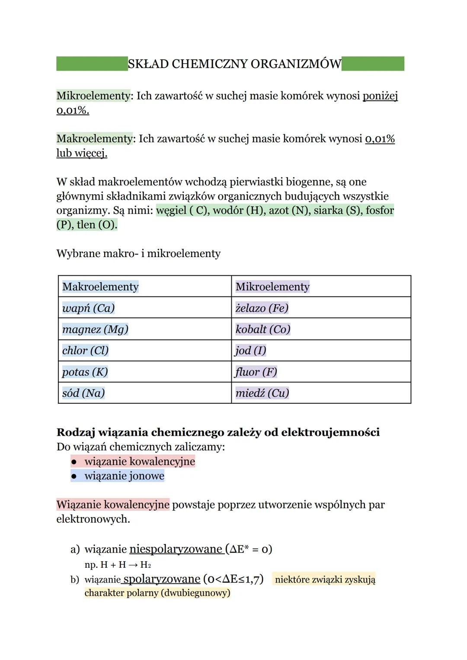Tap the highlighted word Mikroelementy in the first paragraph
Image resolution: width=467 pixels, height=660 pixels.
(93, 96)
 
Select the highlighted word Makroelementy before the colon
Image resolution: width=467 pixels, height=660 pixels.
(95, 139)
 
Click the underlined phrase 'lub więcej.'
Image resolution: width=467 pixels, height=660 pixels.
(82, 153)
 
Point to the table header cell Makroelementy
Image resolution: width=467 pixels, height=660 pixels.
(100, 287)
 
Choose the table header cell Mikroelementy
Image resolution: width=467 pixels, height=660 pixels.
(272, 287)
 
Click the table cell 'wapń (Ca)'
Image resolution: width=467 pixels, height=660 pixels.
(88, 308)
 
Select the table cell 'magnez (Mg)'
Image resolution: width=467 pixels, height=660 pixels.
(95, 329)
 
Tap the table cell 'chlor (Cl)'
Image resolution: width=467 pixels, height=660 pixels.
(85, 351)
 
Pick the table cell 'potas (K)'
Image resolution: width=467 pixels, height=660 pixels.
(85, 372)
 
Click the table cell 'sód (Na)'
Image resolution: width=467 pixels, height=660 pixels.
(83, 393)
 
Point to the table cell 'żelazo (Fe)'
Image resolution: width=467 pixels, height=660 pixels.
(262, 308)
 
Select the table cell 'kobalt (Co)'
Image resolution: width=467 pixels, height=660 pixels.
(263, 329)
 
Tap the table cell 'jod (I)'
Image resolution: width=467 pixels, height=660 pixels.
(250, 351)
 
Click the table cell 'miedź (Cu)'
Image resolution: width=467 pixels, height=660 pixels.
(262, 393)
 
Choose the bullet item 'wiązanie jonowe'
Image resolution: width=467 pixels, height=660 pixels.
(124, 476)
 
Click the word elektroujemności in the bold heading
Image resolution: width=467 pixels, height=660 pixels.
(330, 432)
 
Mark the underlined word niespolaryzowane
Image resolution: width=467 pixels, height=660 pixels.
(176, 549)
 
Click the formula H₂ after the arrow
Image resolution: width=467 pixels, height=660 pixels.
(145, 565)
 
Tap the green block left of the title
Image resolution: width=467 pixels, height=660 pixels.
(92, 64)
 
